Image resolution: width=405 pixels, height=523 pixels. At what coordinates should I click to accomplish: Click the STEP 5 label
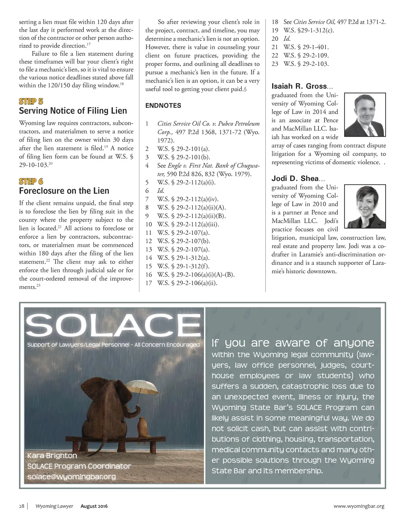(31, 101)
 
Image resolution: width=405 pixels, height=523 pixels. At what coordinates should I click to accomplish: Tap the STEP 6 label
(31, 181)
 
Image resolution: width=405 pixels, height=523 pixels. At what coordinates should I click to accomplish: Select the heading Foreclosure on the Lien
(64, 191)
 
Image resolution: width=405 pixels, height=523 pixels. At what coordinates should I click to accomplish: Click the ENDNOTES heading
(163, 105)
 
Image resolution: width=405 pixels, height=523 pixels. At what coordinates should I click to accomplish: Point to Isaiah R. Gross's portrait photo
(365, 115)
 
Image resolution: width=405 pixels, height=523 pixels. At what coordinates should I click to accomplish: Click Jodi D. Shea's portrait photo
(365, 206)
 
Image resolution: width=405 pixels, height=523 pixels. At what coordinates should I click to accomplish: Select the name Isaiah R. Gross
(299, 86)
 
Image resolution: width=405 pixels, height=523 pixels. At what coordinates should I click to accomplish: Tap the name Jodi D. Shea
(295, 178)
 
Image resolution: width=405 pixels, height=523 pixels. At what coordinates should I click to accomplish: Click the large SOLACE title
(114, 326)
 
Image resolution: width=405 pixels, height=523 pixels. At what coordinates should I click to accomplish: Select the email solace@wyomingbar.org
(72, 476)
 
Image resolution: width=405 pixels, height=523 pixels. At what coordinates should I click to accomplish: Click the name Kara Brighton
(52, 456)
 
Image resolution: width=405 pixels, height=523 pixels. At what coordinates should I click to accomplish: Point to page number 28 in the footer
(22, 506)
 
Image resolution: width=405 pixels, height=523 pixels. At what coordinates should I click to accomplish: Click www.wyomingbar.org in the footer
(359, 506)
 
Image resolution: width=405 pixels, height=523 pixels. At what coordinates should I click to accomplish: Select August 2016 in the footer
(94, 506)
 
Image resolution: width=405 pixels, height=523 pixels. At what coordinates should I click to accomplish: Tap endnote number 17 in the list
(149, 283)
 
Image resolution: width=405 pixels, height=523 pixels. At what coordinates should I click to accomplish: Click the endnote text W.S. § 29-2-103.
(306, 64)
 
